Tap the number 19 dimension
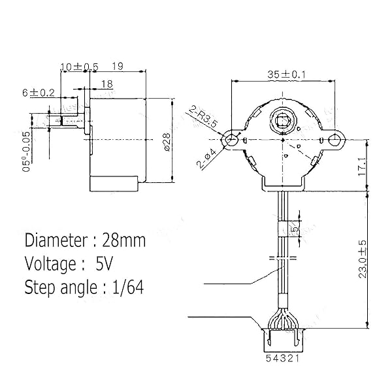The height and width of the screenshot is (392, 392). (x=118, y=67)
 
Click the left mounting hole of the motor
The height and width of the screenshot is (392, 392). (x=230, y=140)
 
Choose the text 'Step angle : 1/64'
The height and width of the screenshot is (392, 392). (x=84, y=287)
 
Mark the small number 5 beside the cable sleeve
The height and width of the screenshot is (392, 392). (x=295, y=229)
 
